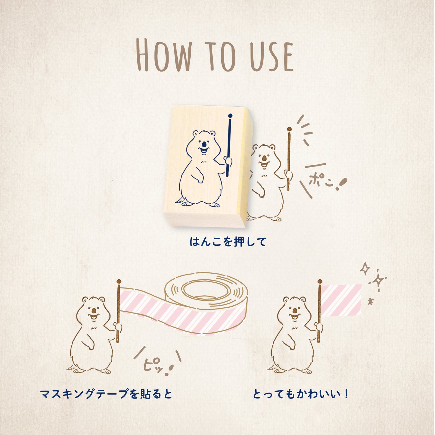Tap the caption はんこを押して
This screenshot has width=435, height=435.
(x=228, y=241)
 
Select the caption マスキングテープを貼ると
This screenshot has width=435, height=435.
(x=106, y=393)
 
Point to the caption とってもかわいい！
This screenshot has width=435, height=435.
(x=300, y=393)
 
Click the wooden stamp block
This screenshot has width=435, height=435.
(x=208, y=166)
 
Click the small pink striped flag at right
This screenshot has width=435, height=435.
(x=341, y=300)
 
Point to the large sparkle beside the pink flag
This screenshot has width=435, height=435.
(x=378, y=281)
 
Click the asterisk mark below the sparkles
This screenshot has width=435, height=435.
(x=371, y=301)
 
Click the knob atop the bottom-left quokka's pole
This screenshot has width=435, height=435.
(x=119, y=281)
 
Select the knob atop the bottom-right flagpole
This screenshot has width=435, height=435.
(x=320, y=281)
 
